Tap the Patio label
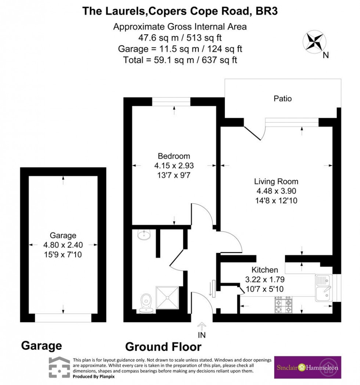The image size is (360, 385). pos(282,98)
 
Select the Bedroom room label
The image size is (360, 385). pos(174,155)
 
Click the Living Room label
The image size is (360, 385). pos(276,181)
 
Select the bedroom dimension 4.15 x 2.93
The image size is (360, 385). pos(174,166)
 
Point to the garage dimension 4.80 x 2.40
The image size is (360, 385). pos(64,245)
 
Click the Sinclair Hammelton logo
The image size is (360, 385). pos(307,367)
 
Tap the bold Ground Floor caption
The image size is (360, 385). pos(163,346)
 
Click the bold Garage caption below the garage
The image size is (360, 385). pos(41,346)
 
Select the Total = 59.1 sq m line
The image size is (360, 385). pos(180,60)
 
